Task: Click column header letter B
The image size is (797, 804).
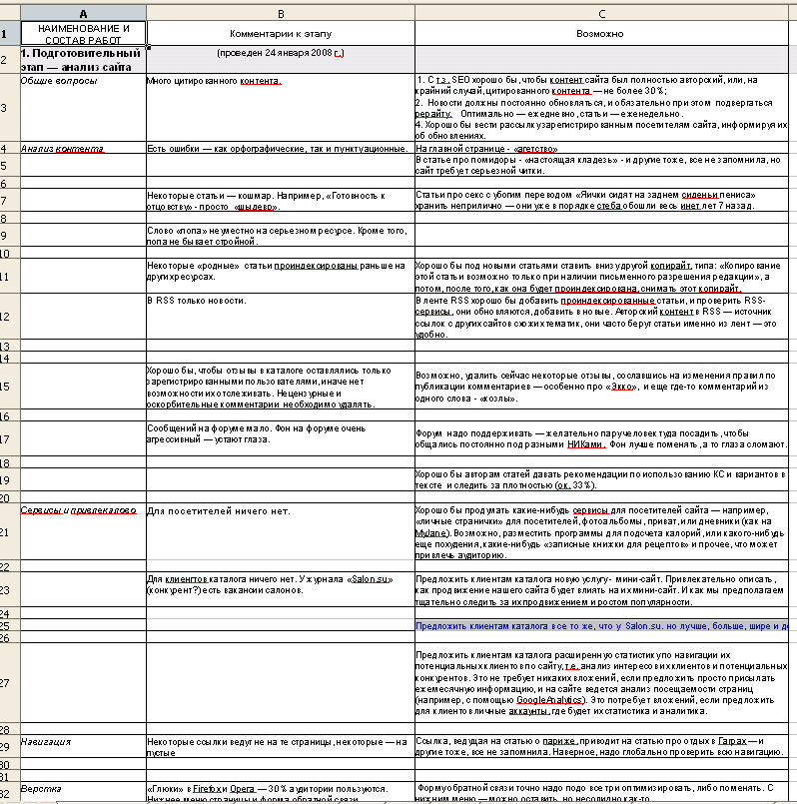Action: point(280,12)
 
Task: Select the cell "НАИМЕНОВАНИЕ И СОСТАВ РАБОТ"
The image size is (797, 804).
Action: point(83,33)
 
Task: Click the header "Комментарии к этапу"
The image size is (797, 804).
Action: point(281,33)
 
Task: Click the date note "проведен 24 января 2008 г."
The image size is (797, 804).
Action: point(280,52)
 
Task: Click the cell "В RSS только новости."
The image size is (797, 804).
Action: point(196,300)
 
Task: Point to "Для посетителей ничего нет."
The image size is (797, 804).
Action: point(218,510)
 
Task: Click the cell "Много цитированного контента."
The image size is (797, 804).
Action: point(214,79)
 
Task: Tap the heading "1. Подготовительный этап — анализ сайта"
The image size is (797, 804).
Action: point(83,59)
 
